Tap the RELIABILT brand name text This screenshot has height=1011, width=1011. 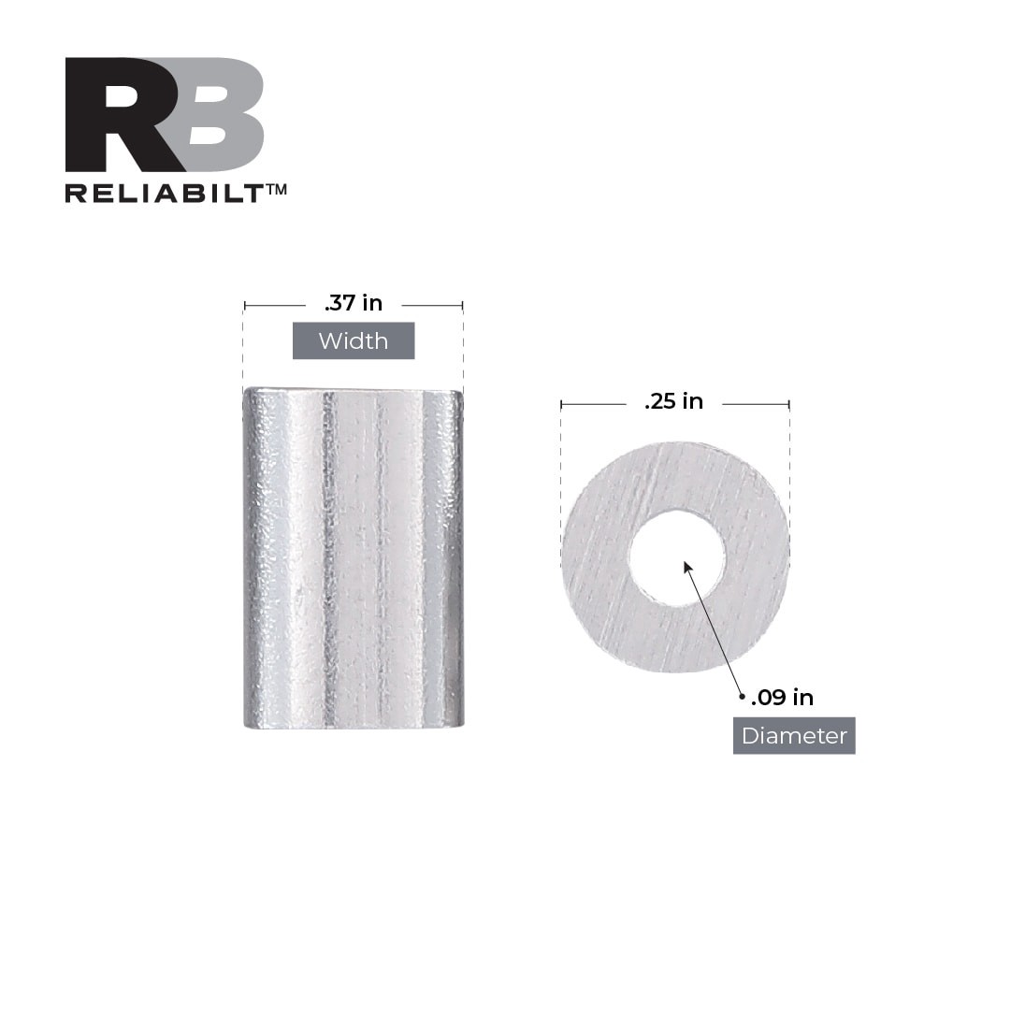165,193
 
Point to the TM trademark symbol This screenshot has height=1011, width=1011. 276,189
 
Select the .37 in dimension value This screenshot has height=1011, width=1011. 354,303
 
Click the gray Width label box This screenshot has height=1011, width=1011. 354,340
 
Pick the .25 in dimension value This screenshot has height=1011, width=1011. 673,402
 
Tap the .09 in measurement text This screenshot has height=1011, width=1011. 782,698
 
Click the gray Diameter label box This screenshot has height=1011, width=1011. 794,736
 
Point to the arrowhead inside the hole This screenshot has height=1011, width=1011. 687,567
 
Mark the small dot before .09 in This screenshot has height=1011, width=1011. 742,697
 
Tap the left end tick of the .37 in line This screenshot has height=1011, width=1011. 244,305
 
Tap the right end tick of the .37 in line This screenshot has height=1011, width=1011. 463,305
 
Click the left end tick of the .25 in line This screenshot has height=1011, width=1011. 561,404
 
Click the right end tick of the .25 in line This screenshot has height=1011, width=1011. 789,404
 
